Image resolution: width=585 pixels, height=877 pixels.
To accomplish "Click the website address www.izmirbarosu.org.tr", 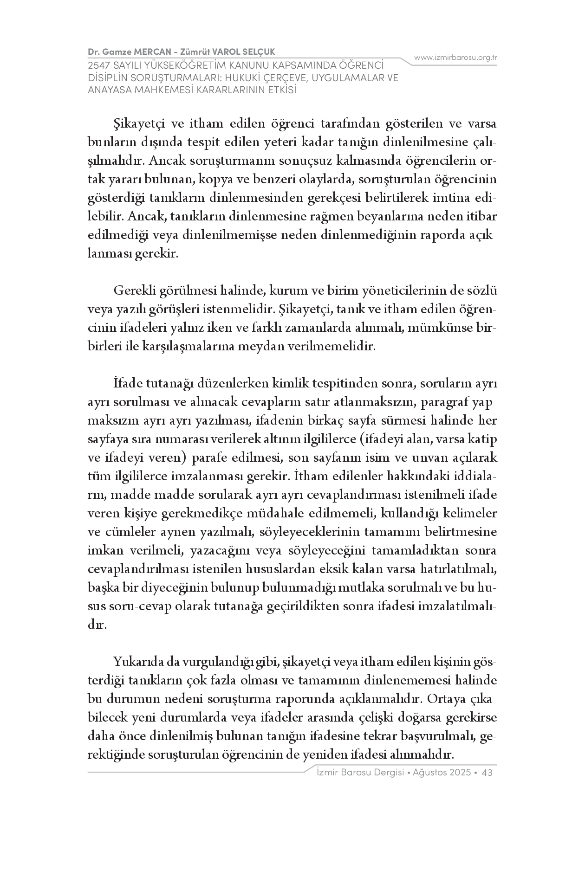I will (455, 58).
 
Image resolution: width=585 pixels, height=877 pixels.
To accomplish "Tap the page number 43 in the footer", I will (487, 773).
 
